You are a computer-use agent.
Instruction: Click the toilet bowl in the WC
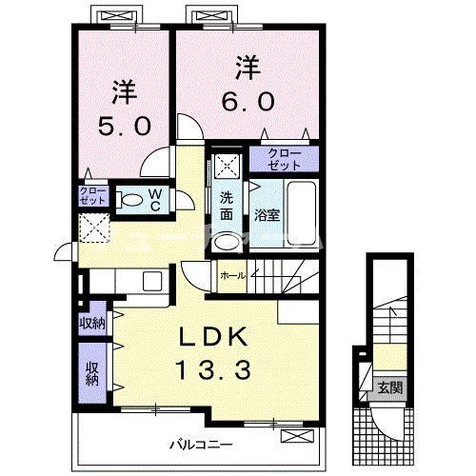coord(130,200)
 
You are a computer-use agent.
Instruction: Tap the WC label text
coord(155,200)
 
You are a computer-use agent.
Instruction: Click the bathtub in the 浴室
coord(302,213)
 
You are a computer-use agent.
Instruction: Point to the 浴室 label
coord(267,215)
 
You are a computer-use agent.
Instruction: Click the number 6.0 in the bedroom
coord(248,102)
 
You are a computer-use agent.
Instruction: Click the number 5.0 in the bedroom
coord(124,126)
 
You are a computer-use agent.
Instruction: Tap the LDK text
coord(213,337)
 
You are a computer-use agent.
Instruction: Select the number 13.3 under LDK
coord(214,370)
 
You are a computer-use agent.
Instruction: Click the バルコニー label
coord(201,445)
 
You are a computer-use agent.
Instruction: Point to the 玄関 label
coord(390,387)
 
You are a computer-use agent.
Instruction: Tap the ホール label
coord(233,276)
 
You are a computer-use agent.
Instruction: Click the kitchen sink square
coord(152,281)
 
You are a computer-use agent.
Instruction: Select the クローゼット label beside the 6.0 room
coord(284,159)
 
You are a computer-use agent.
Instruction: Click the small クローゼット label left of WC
coord(92,196)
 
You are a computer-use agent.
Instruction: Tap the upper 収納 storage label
coord(92,324)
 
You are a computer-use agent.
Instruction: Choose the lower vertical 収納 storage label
coord(92,374)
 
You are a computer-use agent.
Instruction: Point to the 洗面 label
coord(227,207)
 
